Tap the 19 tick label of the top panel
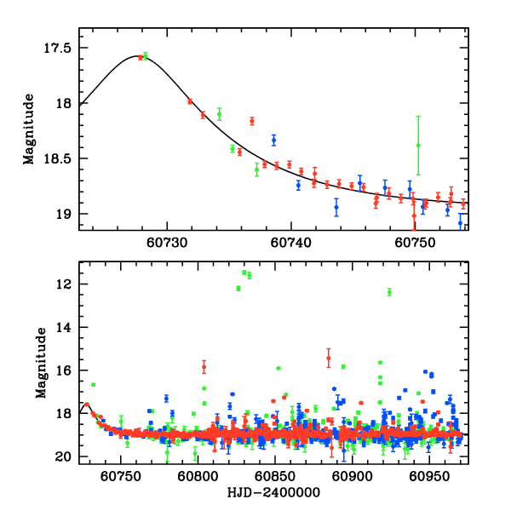62,214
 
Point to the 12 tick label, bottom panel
62,284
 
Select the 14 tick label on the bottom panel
62,327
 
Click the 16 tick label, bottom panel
62,370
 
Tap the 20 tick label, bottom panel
62,457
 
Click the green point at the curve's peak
145,55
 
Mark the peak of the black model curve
139,56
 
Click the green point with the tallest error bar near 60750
418,145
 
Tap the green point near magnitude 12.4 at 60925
389,292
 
